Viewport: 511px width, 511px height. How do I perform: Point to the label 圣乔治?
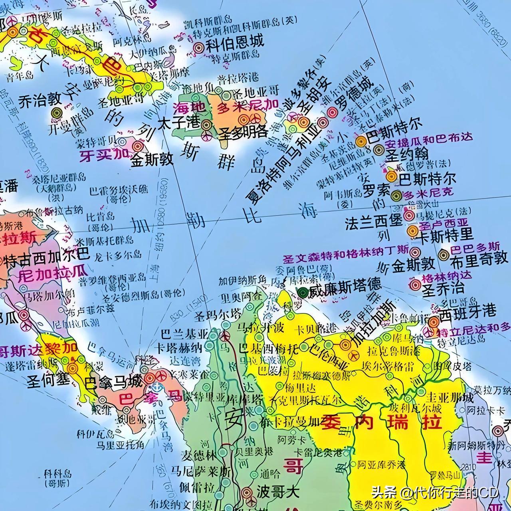click(x=443, y=288)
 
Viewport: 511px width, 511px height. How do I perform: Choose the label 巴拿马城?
click(x=114, y=382)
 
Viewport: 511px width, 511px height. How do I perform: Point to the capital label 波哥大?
click(x=278, y=491)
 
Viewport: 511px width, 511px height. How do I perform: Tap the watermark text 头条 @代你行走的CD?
click(x=435, y=493)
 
